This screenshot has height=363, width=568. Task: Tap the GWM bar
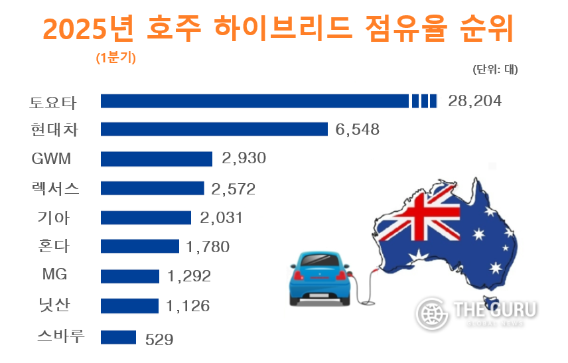click(157, 159)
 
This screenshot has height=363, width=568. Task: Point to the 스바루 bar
click(118, 337)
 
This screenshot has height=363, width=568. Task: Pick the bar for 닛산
click(129, 306)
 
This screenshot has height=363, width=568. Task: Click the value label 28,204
click(475, 102)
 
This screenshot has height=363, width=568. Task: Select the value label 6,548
click(358, 129)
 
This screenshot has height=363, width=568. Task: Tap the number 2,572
click(233, 189)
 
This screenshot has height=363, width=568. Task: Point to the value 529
click(159, 339)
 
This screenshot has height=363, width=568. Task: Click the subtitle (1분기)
click(116, 58)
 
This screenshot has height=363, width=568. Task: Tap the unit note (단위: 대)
click(495, 69)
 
